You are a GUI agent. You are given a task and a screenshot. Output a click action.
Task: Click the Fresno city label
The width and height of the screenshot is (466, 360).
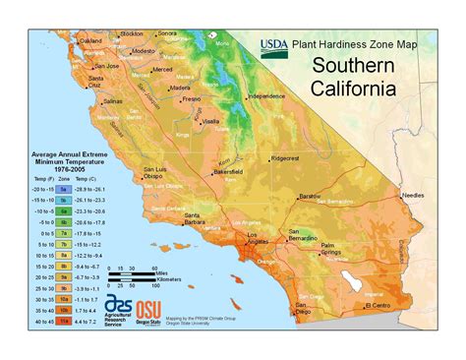click(x=192, y=98)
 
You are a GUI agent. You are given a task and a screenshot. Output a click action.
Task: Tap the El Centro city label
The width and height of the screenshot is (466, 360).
click(x=379, y=305)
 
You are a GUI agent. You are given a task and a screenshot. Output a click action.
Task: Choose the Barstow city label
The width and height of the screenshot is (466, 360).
click(x=311, y=196)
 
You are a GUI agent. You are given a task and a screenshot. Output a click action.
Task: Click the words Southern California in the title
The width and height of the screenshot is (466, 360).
click(x=354, y=77)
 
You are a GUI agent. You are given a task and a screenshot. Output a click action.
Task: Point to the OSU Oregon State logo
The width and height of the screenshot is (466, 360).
click(x=149, y=312)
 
